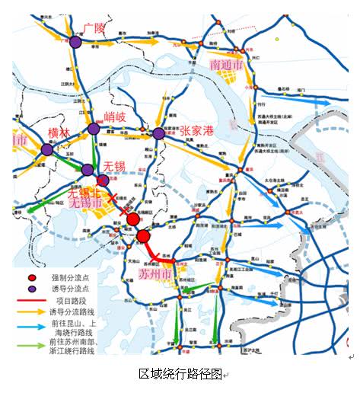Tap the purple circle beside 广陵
[x=75, y=43]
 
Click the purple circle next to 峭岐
[x=94, y=129]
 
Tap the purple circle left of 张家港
[x=158, y=133]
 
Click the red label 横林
[x=59, y=134]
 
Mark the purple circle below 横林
[x=47, y=150]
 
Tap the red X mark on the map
[x=113, y=197]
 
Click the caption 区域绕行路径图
[x=180, y=374]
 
